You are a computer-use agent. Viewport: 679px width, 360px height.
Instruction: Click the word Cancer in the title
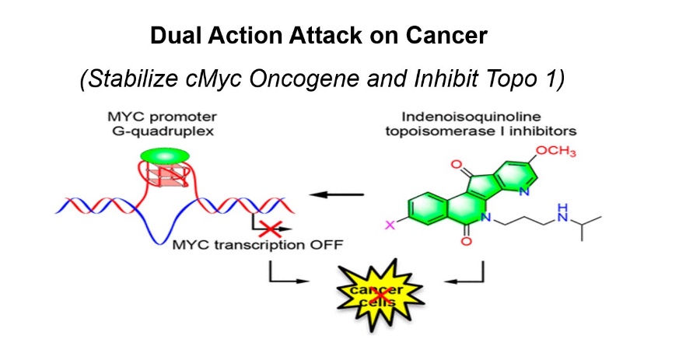tap(454, 36)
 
